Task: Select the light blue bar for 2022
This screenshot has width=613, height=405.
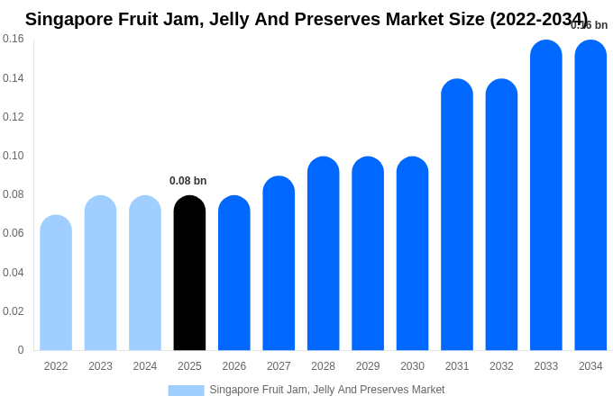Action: (56, 283)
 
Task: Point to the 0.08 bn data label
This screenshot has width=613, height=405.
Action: (188, 181)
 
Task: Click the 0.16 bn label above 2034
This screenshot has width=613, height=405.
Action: (590, 25)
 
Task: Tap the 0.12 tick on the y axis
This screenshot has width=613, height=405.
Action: (14, 117)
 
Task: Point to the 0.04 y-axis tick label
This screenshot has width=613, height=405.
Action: (14, 273)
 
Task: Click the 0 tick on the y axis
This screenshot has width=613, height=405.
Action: (21, 350)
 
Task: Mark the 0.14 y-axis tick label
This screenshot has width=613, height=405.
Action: (14, 78)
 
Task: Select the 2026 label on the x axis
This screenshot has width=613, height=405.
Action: (234, 366)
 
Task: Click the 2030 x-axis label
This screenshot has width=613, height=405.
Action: (412, 366)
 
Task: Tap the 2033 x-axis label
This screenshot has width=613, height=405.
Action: (546, 366)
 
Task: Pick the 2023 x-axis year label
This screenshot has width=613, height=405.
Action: (100, 366)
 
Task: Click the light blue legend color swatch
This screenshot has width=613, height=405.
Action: (186, 390)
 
